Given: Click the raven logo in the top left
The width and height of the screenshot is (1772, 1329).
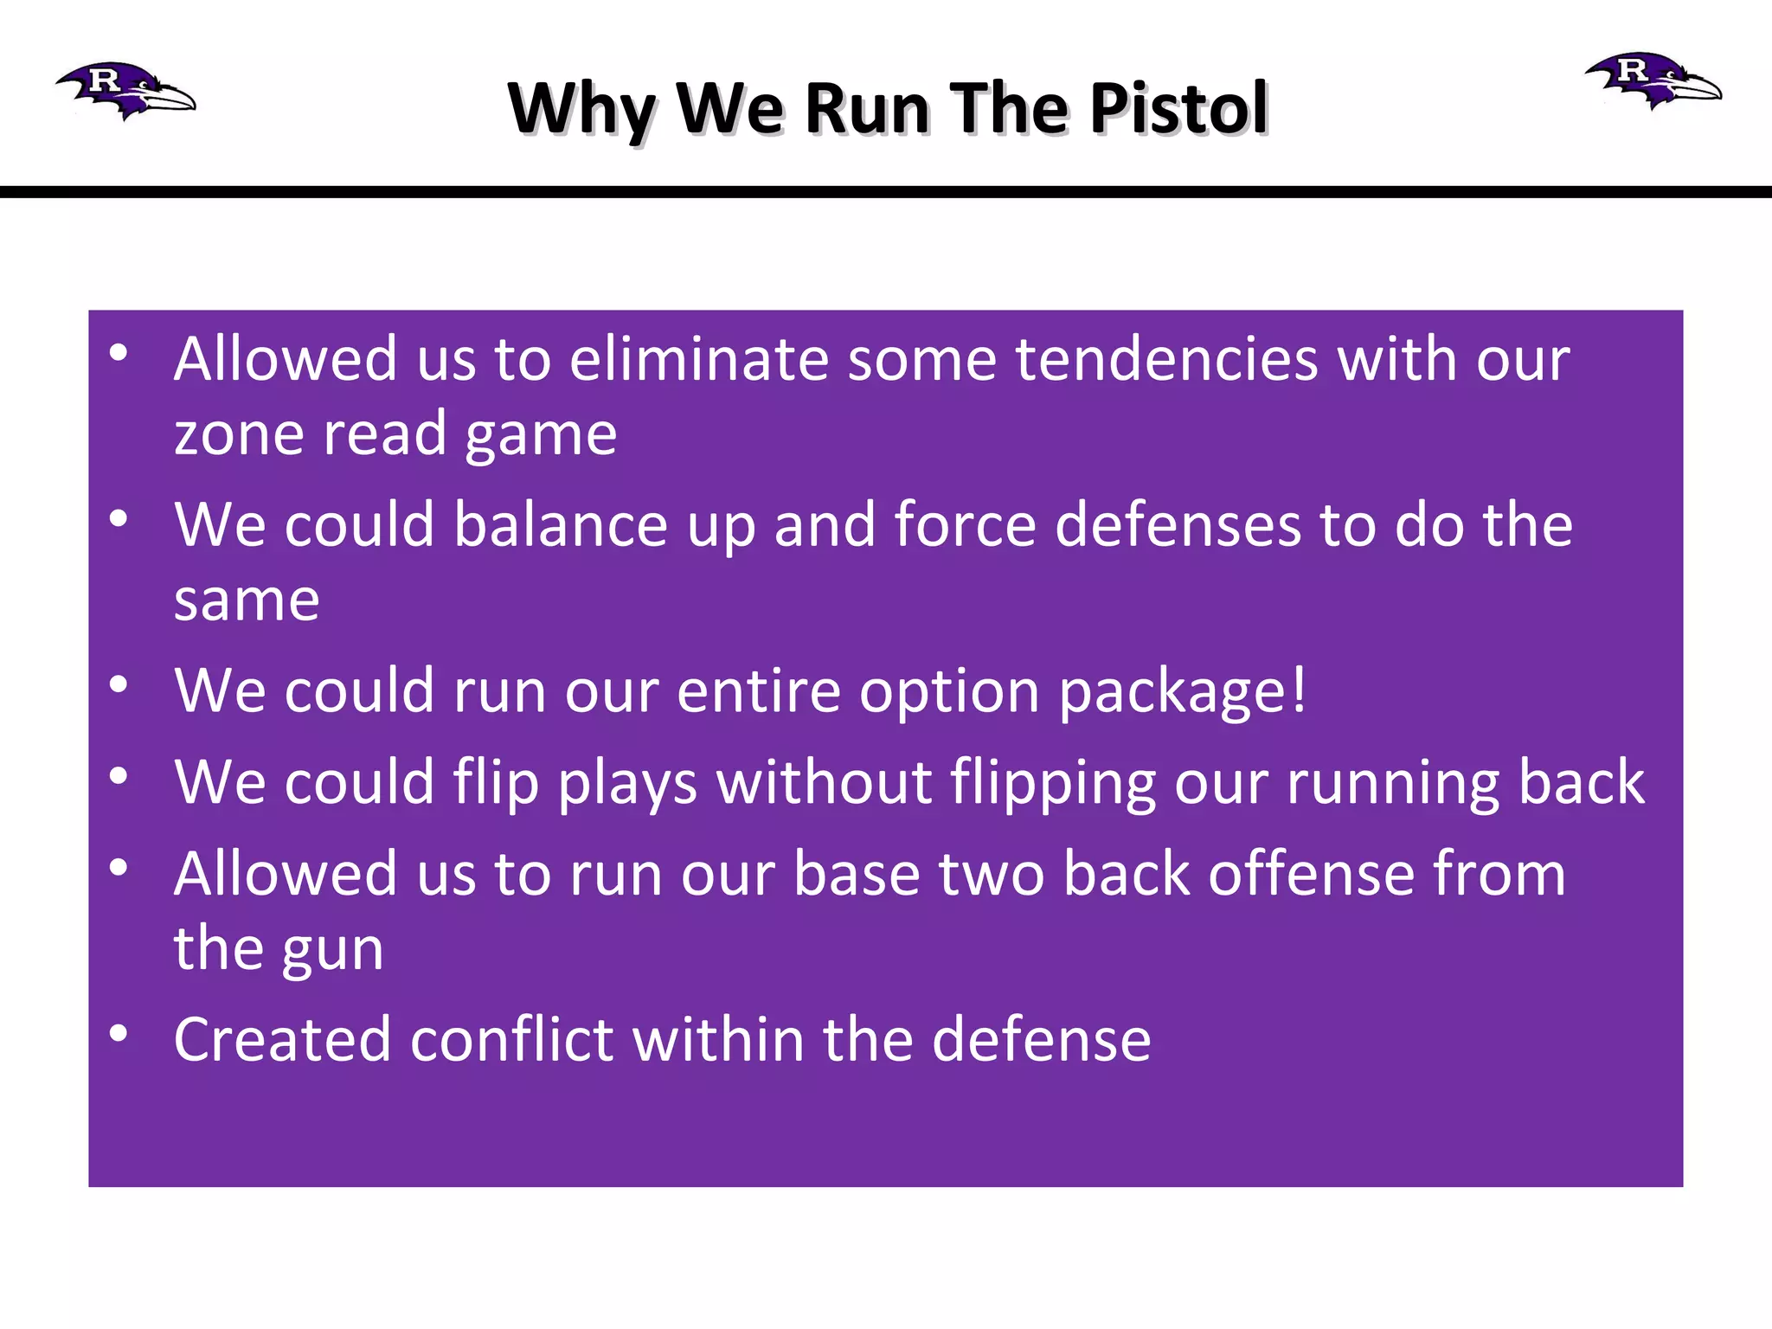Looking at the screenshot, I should [126, 90].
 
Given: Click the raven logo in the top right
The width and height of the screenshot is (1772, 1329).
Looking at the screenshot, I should [1653, 80].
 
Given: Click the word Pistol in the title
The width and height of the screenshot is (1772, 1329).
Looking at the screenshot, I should [1178, 109].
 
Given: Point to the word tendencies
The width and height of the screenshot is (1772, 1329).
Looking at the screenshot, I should [1166, 359].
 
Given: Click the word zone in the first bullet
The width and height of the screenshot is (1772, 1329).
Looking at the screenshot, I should [239, 434].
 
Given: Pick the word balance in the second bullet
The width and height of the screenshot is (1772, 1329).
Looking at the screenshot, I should [561, 525].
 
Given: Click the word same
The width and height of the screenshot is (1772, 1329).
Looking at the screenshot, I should [247, 600].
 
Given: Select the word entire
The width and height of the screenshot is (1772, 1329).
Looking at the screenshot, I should [759, 691].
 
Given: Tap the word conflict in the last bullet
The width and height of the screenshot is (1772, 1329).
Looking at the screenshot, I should [511, 1039].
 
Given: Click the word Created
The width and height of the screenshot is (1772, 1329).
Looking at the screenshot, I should [282, 1039].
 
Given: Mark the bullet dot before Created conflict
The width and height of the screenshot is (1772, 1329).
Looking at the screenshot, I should [119, 1033].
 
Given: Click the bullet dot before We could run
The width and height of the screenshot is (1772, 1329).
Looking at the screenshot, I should [119, 684].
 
